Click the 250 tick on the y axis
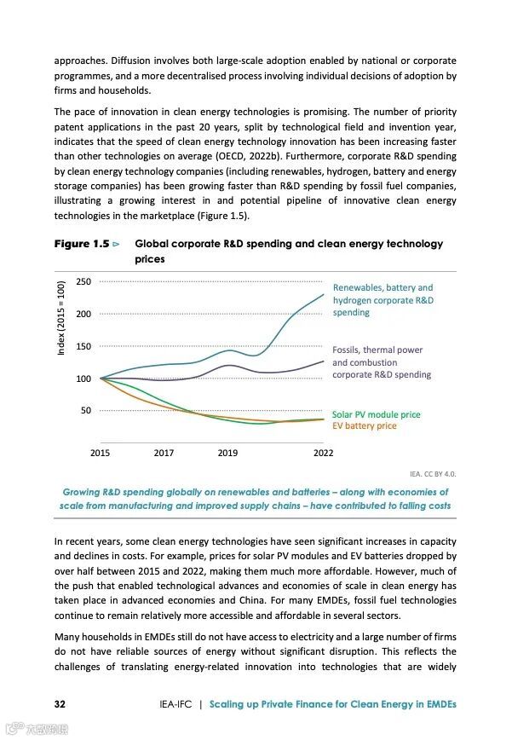[83, 281]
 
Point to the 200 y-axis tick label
[83, 314]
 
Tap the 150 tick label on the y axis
[83, 346]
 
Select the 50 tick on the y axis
[86, 410]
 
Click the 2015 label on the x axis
[100, 453]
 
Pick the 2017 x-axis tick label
[164, 453]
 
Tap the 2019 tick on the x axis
[227, 453]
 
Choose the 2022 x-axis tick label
[323, 453]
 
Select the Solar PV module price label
[376, 414]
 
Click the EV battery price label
[364, 425]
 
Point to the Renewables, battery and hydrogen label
[383, 300]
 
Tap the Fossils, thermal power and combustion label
[382, 361]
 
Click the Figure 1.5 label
[81, 244]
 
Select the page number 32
[60, 704]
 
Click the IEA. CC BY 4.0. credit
[433, 472]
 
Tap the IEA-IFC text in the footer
[175, 704]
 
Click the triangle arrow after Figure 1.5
[117, 245]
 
